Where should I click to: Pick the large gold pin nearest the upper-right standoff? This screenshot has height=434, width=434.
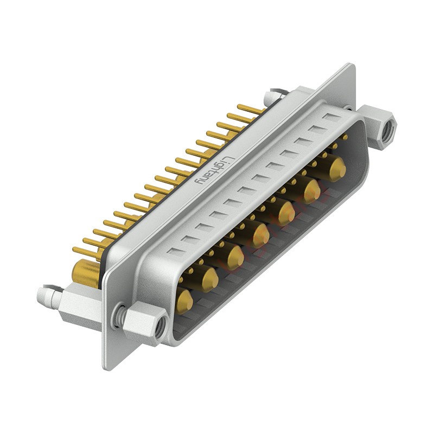pyautogui.click(x=336, y=168)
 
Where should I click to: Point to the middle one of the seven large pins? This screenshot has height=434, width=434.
pyautogui.click(x=260, y=234)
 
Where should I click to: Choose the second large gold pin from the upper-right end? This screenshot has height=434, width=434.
pyautogui.click(x=311, y=190)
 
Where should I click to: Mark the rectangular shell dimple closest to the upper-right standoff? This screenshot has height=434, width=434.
pyautogui.click(x=331, y=118)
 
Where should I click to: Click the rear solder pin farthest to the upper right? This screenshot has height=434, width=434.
pyautogui.click(x=251, y=108)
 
